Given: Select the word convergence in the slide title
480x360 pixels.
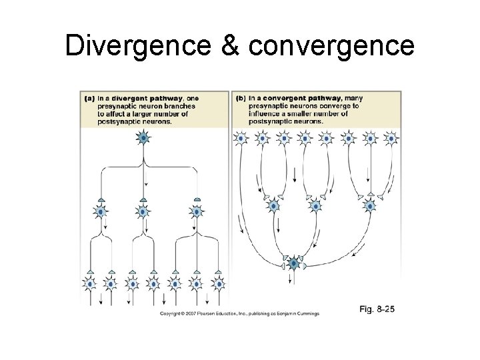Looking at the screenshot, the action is (x=332, y=46).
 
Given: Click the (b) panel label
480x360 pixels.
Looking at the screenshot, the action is (x=240, y=98).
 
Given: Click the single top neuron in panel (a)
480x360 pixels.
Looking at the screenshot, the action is (x=144, y=139).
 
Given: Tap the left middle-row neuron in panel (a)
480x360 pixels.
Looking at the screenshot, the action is (x=100, y=212).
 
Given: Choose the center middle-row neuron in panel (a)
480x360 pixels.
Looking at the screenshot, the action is (x=144, y=212).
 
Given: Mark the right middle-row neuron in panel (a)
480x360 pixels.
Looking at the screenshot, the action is (x=196, y=212).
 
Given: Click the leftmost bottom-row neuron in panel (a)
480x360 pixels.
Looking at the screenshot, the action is (x=90, y=284).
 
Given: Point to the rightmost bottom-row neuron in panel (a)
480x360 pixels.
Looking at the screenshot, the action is (x=217, y=284).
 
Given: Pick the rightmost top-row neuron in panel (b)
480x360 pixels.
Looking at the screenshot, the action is (x=391, y=139).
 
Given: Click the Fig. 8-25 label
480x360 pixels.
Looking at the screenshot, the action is (x=377, y=309).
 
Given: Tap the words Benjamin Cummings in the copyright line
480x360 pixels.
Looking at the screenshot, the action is (x=299, y=313).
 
